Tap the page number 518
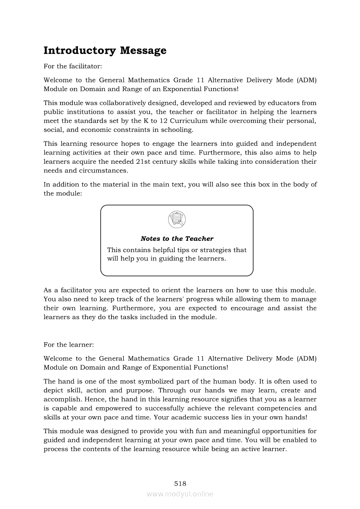(180, 483)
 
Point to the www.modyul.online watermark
(180, 494)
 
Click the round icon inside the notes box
(177, 219)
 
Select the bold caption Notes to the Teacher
(177, 239)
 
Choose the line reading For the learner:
(69, 344)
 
